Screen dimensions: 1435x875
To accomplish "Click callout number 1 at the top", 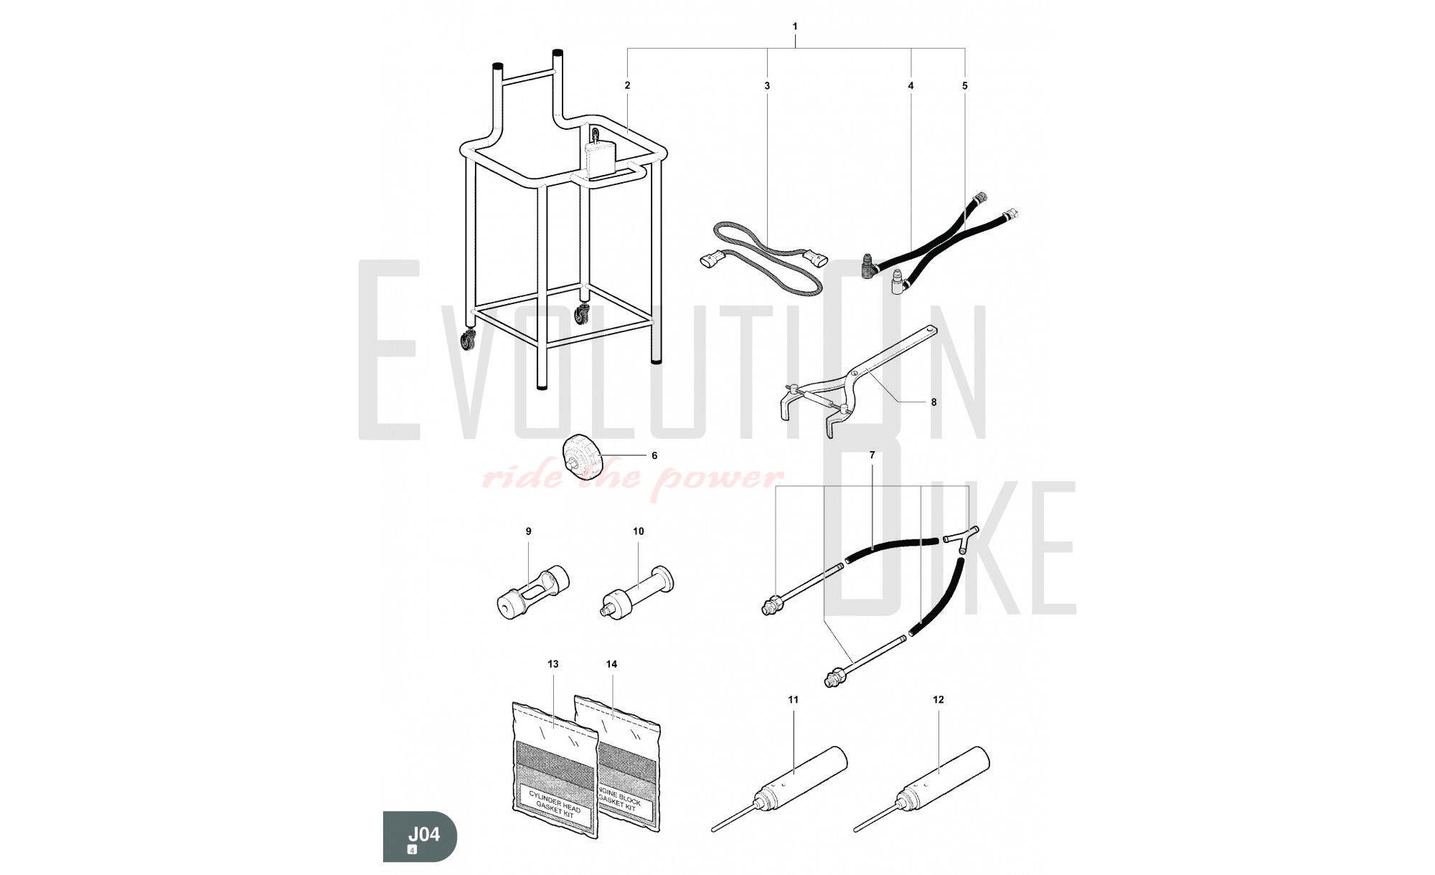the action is click(794, 27).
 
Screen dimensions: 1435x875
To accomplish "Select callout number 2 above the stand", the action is click(627, 85).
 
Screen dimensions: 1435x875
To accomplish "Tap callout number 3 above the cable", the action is click(767, 85).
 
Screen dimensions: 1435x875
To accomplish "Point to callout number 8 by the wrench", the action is click(933, 402).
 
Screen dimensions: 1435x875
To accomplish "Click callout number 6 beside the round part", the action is click(654, 455).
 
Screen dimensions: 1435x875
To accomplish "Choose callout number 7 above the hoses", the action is click(872, 455).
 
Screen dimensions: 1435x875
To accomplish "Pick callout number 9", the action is click(529, 531).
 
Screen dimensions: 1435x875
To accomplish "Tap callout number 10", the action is click(639, 531).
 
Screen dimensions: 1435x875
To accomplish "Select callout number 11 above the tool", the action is click(793, 699).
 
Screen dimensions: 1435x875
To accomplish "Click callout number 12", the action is click(938, 699).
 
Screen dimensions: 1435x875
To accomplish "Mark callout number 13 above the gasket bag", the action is click(553, 664).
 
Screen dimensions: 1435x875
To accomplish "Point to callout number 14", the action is click(611, 664).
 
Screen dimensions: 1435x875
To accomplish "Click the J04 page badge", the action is click(420, 836).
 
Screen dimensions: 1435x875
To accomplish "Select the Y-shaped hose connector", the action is click(961, 543).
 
